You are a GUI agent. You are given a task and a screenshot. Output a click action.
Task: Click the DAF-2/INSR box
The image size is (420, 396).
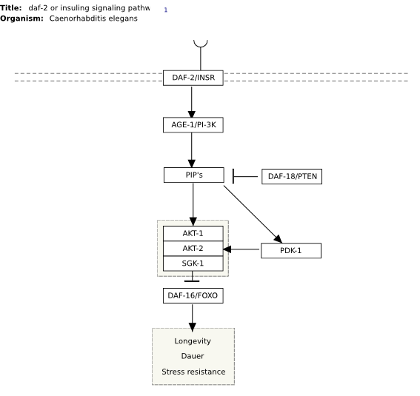click(x=193, y=78)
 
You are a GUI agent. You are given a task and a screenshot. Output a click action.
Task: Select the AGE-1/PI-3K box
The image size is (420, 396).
click(x=193, y=125)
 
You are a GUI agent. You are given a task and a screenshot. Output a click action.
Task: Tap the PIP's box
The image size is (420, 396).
click(x=194, y=175)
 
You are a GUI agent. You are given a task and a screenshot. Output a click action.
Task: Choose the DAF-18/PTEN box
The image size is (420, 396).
click(x=292, y=177)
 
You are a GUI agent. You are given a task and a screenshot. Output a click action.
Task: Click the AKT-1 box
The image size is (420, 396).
click(x=193, y=234)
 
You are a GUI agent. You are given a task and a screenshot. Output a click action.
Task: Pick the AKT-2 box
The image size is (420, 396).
click(x=193, y=249)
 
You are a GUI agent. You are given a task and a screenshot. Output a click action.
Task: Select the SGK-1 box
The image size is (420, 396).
click(x=193, y=264)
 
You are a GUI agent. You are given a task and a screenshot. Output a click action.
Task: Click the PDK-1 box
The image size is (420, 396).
click(x=291, y=251)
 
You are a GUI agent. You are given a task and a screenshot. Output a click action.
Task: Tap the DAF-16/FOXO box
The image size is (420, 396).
click(x=193, y=295)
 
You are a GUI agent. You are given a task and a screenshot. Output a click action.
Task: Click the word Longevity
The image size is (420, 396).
click(x=193, y=341)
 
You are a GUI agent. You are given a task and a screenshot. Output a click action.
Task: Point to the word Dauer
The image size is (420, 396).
click(x=193, y=356)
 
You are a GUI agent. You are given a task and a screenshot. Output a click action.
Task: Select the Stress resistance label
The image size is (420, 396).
click(x=193, y=372)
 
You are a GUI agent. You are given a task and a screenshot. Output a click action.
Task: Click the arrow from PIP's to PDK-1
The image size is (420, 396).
click(x=253, y=215)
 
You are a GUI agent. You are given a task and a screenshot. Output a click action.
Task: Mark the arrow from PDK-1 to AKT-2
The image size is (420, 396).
click(x=241, y=249)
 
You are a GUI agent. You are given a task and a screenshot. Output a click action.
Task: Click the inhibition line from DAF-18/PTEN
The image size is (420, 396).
click(x=245, y=176)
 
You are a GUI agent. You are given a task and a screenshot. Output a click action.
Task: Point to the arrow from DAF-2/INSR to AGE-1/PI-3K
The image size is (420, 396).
click(x=192, y=102)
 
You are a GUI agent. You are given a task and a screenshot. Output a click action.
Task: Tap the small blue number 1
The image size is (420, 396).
click(x=166, y=10)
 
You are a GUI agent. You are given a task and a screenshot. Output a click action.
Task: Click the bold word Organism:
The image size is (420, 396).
click(x=21, y=19)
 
